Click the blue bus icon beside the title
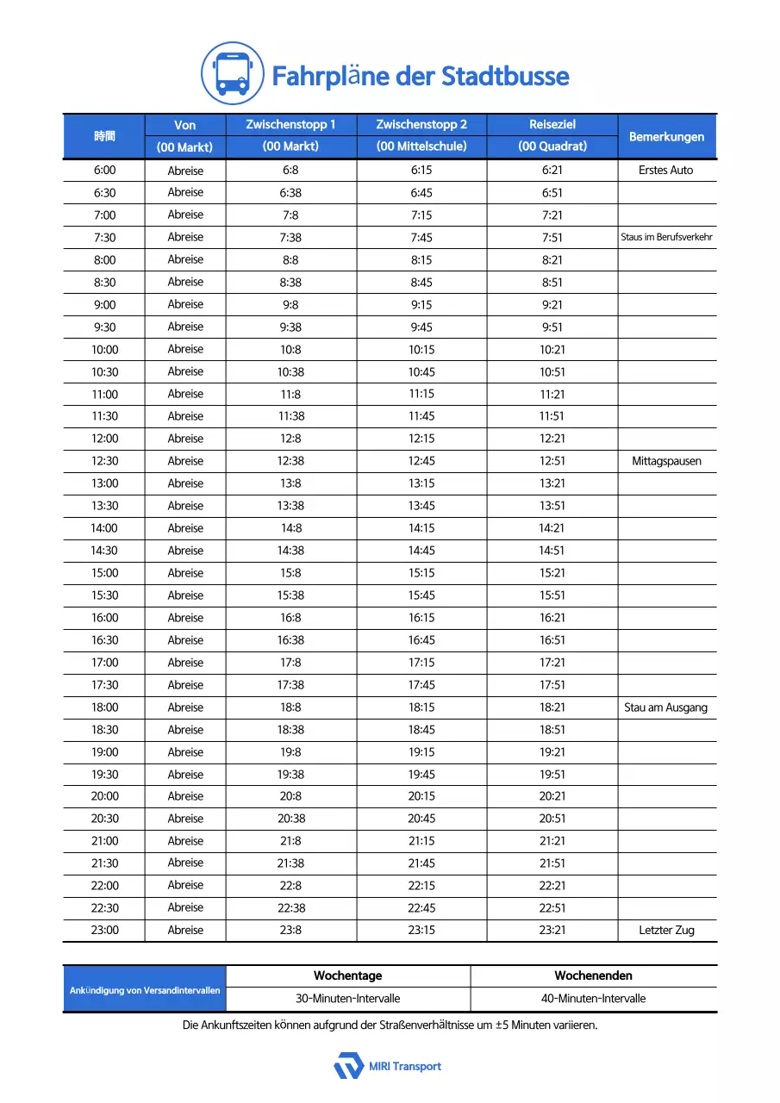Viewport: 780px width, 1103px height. coord(232,74)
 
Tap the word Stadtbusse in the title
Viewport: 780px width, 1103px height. coord(505,76)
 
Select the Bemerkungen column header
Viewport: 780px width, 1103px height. coord(666,136)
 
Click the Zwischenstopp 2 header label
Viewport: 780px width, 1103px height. coord(421,125)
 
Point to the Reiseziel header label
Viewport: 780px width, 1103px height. coord(552,125)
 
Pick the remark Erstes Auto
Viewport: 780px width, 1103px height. coord(666,170)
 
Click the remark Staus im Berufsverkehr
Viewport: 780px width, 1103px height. coord(666,237)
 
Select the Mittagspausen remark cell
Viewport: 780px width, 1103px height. coord(666,461)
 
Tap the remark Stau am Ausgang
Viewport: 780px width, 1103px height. coord(666,707)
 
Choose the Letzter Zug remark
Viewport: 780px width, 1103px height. coord(666,930)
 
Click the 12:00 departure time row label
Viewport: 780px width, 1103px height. coord(105,439)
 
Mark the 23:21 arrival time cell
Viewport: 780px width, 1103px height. coord(552,930)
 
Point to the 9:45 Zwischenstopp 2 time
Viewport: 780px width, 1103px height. coord(421,327)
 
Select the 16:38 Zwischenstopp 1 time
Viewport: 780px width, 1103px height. coord(290,640)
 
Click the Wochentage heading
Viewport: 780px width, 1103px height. coord(347,975)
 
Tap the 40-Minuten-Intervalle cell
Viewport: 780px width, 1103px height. coord(593,999)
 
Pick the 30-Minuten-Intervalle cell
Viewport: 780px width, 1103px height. coord(347,999)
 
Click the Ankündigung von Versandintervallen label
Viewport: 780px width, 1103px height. coord(145,990)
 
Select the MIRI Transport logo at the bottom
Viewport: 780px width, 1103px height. coord(388,1066)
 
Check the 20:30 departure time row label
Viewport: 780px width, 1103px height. coord(105,819)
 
